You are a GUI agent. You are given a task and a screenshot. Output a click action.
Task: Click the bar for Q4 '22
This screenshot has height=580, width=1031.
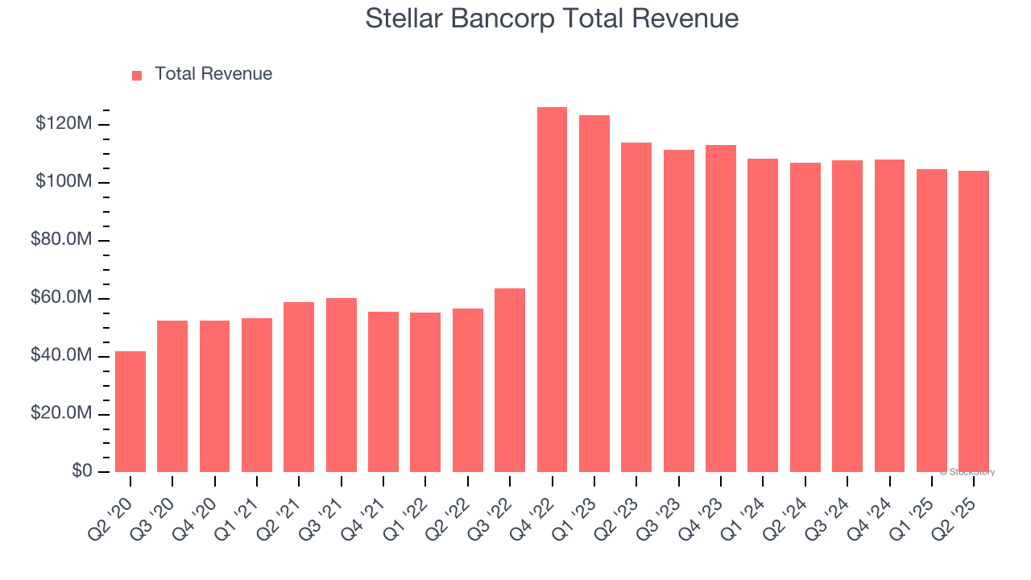tap(552, 290)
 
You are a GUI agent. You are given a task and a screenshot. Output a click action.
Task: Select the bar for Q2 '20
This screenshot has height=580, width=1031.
tap(130, 412)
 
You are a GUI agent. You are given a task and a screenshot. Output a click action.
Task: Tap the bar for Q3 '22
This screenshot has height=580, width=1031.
tap(510, 380)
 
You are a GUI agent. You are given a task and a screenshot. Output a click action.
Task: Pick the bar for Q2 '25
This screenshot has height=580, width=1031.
tap(974, 321)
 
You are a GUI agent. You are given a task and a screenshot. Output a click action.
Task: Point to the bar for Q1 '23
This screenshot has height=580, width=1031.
tap(594, 294)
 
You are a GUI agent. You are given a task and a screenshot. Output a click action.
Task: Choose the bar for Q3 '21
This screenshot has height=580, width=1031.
tap(342, 385)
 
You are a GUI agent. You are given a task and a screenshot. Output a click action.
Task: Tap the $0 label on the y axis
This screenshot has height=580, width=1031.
tap(82, 471)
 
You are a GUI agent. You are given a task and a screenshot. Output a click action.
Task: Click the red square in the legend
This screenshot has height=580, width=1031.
tap(137, 75)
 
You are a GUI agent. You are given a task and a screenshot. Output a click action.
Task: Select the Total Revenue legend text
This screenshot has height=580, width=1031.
tap(213, 74)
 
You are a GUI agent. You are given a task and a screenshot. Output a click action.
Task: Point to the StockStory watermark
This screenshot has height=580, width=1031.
tap(967, 472)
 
